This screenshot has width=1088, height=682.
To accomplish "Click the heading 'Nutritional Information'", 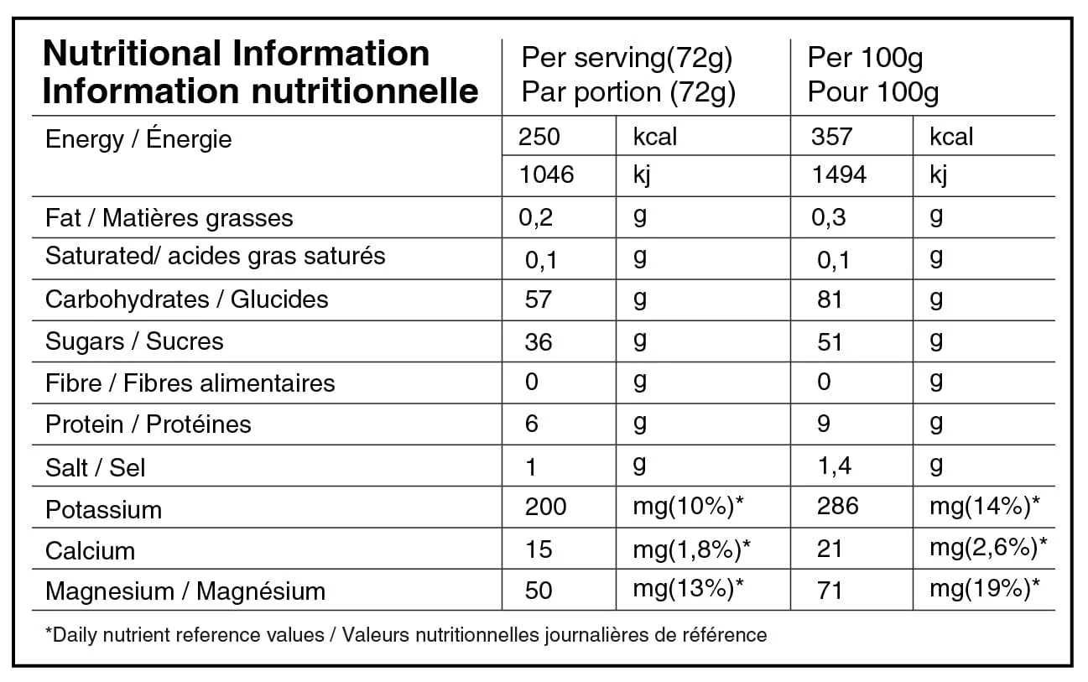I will click(x=236, y=55).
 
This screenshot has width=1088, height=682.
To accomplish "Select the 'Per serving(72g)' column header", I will click(x=627, y=58).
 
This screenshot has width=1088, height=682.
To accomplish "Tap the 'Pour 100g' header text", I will click(x=872, y=91).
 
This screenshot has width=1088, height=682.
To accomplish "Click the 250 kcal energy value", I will click(x=539, y=137).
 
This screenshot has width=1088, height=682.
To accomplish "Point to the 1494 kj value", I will click(x=839, y=174).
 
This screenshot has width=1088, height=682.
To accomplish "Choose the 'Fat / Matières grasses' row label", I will click(x=169, y=218).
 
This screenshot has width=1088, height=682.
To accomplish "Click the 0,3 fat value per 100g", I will click(x=828, y=218).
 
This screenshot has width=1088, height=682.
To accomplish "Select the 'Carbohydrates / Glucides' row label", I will click(x=186, y=299).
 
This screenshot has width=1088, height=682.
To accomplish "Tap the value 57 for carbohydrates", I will click(x=537, y=299).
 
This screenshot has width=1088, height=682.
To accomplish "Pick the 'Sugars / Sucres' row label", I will click(x=134, y=341).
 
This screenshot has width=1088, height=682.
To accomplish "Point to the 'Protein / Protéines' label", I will click(x=148, y=424).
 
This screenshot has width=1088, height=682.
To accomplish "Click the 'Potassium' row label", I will click(x=103, y=509).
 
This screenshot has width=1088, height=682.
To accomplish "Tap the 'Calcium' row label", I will click(x=90, y=550).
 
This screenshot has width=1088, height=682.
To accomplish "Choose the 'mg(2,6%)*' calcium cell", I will click(x=987, y=549).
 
